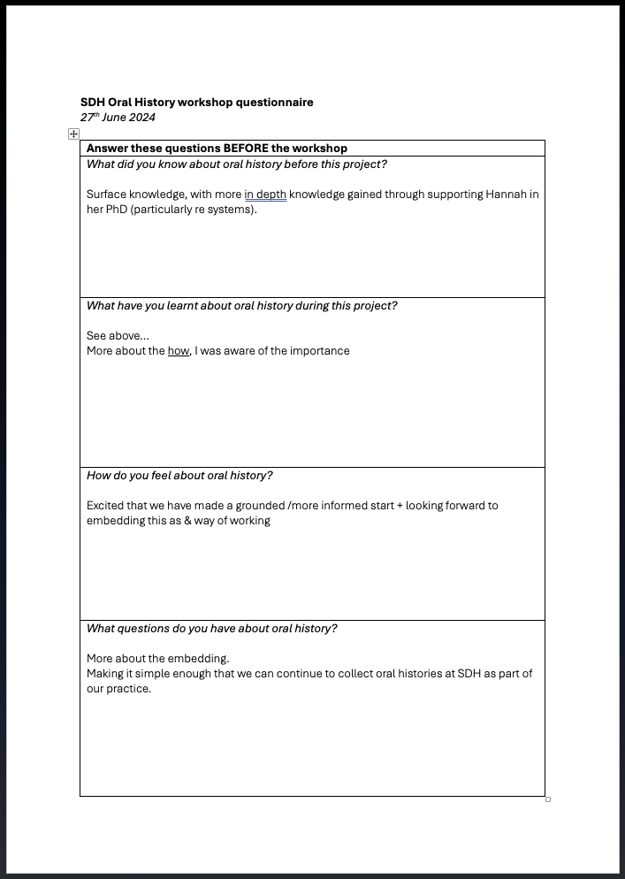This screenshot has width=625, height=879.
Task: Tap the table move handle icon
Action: click(73, 134)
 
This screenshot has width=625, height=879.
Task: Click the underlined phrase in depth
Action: click(265, 195)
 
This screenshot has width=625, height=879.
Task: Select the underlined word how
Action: click(179, 351)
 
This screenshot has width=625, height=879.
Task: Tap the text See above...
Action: click(117, 336)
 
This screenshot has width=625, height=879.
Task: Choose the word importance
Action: click(321, 351)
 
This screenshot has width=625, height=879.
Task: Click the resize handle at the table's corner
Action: click(548, 799)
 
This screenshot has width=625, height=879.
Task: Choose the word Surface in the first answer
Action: click(109, 195)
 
